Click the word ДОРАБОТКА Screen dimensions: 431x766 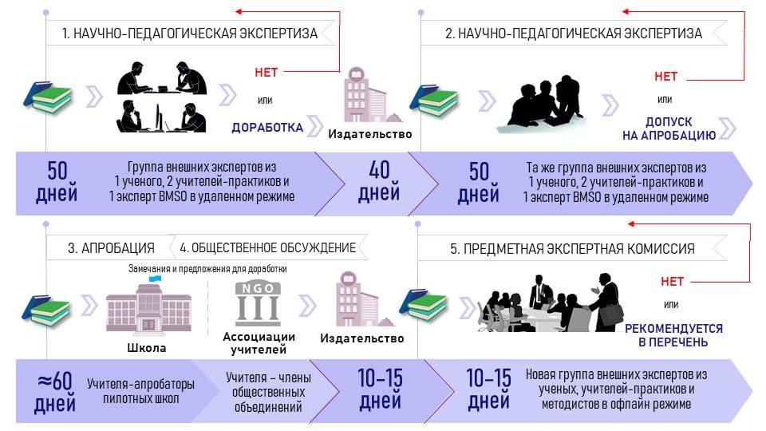pyautogui.click(x=267, y=127)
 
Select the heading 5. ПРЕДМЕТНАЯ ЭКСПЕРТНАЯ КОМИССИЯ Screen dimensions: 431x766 pyautogui.click(x=572, y=248)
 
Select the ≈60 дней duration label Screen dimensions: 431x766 pyautogui.click(x=55, y=390)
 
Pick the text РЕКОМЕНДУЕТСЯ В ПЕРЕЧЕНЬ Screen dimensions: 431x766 pyautogui.click(x=673, y=335)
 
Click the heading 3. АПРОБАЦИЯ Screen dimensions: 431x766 pyautogui.click(x=112, y=247)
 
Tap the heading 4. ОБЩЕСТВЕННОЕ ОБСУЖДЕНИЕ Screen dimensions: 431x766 pyautogui.click(x=268, y=247)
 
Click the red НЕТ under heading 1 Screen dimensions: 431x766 pyautogui.click(x=267, y=72)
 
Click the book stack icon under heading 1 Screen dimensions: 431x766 pyautogui.click(x=48, y=97)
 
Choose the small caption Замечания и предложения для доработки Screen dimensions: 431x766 pyautogui.click(x=207, y=269)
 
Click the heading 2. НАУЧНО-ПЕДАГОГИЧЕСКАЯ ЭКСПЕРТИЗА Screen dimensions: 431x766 pyautogui.click(x=573, y=34)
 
